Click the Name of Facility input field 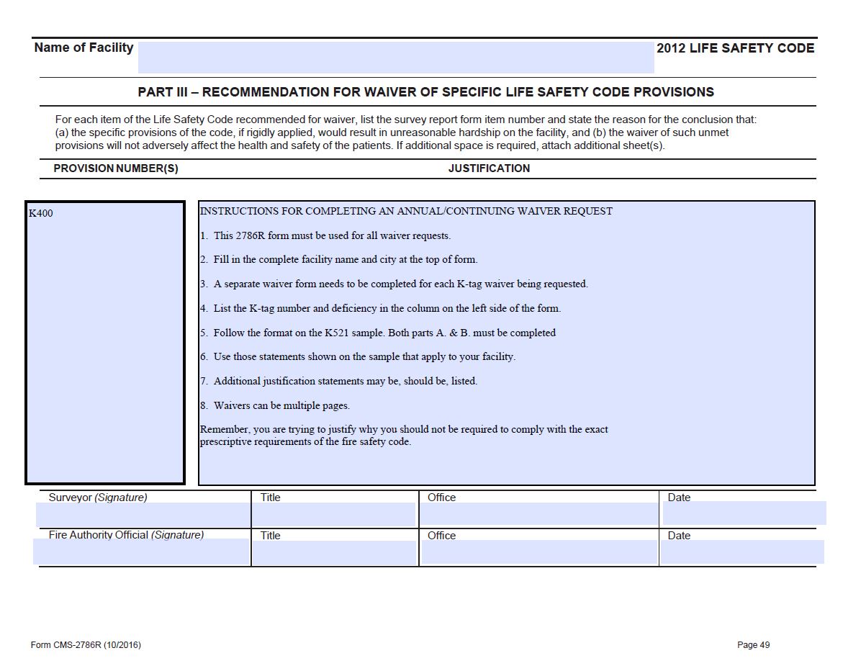(x=395, y=58)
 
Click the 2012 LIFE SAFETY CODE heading (x=735, y=48)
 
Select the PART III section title (x=425, y=92)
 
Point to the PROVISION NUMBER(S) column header (x=116, y=168)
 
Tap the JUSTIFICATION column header (x=489, y=168)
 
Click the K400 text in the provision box (x=41, y=213)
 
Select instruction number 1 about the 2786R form (x=325, y=235)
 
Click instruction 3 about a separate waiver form (x=394, y=284)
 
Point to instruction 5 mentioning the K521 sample (x=378, y=333)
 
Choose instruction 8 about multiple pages (x=275, y=405)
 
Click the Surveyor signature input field (x=143, y=514)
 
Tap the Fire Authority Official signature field (x=142, y=552)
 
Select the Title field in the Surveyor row (x=334, y=514)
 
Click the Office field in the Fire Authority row (x=538, y=552)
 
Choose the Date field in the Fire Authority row (x=741, y=552)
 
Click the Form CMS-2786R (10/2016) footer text (x=86, y=645)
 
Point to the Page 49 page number (x=753, y=645)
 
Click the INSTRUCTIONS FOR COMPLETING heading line (x=406, y=211)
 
